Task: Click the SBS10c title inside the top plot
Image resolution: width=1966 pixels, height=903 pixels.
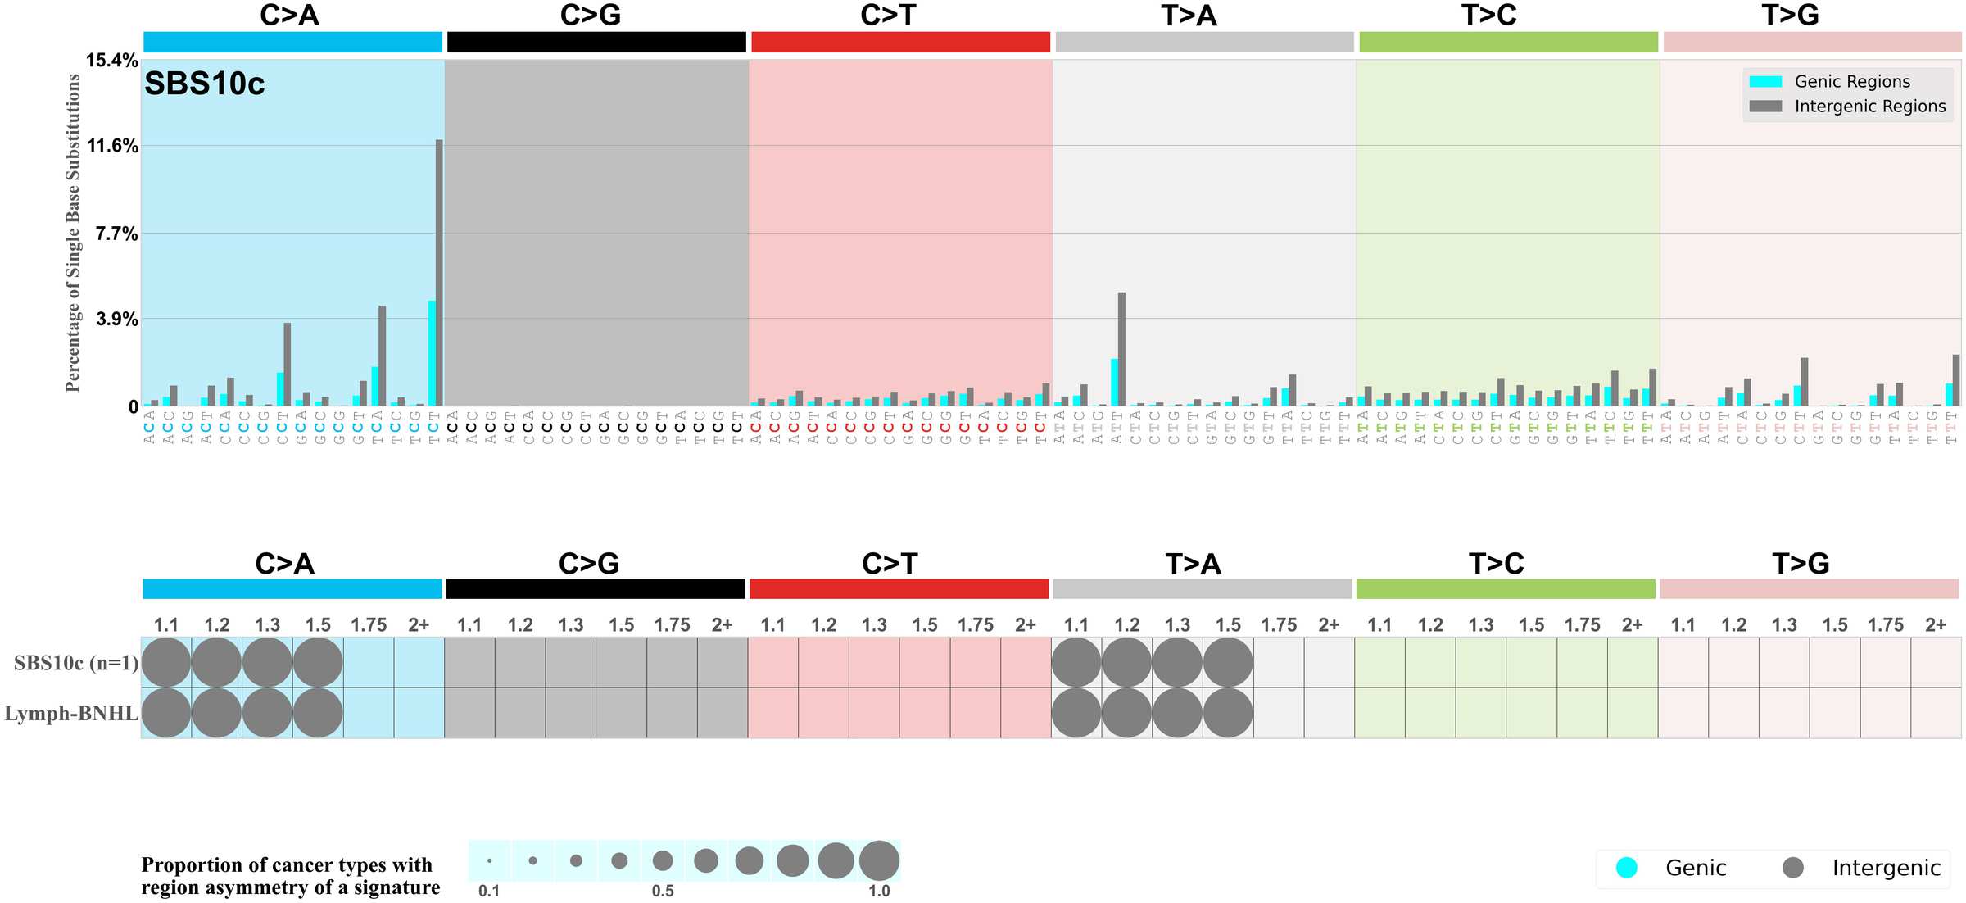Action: tap(205, 84)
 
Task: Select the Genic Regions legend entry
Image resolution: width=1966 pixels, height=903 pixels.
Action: tap(1851, 82)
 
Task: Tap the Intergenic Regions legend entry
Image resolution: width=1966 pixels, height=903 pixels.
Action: tap(1869, 107)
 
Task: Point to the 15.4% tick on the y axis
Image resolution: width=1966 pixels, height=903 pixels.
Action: tap(112, 61)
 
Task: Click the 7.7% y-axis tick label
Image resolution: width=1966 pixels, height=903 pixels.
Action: tap(116, 234)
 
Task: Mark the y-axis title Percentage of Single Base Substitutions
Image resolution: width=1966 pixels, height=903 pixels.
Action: tap(73, 233)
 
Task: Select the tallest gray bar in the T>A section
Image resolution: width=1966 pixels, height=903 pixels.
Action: tap(1121, 349)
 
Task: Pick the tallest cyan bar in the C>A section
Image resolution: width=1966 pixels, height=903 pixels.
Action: tap(432, 352)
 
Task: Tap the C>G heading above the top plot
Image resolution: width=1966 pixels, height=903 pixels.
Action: tap(590, 16)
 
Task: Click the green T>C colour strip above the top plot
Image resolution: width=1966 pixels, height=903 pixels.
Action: tap(1508, 43)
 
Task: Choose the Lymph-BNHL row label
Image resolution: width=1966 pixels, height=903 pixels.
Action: tap(71, 714)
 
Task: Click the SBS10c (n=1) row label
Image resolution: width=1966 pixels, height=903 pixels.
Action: tap(76, 663)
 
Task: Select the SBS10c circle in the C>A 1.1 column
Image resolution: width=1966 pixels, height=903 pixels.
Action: tap(166, 662)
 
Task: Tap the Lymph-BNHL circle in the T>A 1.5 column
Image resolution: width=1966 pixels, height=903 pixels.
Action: tap(1228, 713)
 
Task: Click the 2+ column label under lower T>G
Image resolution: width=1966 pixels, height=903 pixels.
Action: tap(1935, 625)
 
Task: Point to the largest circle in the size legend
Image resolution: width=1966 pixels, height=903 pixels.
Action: tap(879, 860)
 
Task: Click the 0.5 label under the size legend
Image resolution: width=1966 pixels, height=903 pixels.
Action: tap(663, 891)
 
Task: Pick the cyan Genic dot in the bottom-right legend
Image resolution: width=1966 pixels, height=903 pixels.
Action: tap(1626, 868)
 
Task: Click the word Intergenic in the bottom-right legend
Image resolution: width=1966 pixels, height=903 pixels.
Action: tap(1886, 868)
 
